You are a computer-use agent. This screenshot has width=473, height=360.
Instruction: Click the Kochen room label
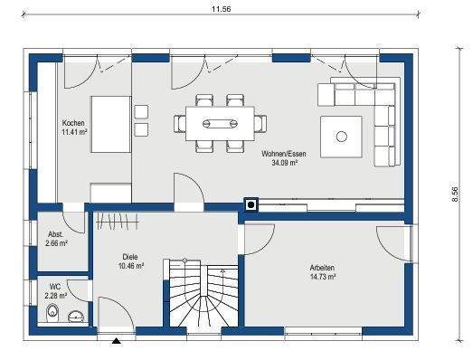click(73, 123)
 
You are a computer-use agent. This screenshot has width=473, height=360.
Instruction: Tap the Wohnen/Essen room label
click(284, 155)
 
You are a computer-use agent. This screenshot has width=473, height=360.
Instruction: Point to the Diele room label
click(130, 258)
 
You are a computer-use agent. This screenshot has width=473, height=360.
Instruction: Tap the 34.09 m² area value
click(284, 165)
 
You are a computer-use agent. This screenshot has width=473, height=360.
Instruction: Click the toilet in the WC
click(52, 315)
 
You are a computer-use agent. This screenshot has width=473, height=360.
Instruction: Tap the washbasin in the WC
click(77, 316)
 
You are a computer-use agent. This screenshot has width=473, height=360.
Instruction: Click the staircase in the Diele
click(201, 294)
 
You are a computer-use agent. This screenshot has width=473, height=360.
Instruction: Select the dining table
click(221, 120)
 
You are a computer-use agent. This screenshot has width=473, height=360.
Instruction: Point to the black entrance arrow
click(116, 341)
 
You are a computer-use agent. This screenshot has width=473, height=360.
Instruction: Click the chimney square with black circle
click(251, 204)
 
